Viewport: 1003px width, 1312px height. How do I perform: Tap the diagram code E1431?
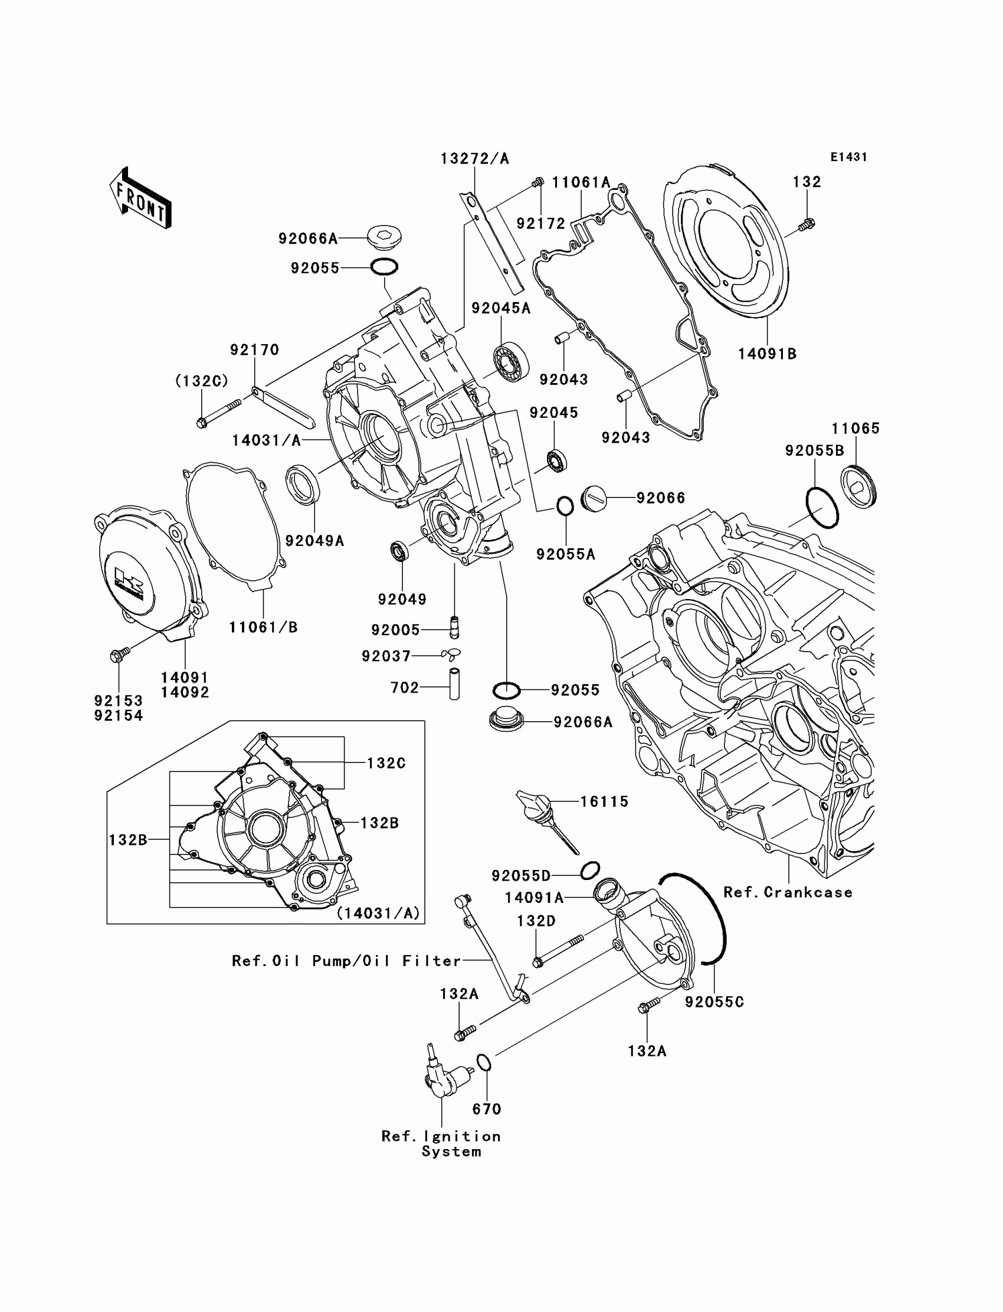848,157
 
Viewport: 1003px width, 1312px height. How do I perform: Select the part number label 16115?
604,802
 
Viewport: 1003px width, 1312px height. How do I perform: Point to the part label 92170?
255,350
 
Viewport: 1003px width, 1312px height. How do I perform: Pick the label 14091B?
767,354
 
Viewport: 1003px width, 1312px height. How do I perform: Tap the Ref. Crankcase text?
788,893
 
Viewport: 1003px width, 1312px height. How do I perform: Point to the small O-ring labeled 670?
484,1062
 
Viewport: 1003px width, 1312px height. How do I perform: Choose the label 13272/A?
474,159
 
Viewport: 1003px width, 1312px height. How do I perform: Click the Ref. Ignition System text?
441,1144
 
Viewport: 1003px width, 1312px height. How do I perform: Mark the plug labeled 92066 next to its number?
594,498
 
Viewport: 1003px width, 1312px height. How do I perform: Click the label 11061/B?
263,627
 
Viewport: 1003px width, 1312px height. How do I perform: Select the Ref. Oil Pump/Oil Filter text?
346,961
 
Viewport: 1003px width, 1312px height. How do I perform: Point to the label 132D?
536,921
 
